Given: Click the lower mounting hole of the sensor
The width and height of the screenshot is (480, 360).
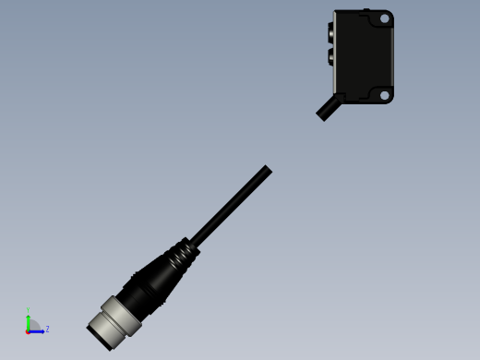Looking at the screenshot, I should tap(385, 94).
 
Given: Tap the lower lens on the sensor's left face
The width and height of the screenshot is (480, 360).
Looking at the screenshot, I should tap(331, 57).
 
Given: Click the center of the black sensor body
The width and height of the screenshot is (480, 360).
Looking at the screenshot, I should tap(364, 56).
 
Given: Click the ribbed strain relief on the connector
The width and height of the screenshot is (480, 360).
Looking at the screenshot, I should tap(181, 253).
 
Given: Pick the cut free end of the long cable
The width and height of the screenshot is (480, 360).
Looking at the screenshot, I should tap(267, 171).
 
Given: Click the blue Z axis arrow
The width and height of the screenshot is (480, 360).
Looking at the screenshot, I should tap(38, 330).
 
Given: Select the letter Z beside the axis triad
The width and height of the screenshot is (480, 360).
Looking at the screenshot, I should tap(47, 329).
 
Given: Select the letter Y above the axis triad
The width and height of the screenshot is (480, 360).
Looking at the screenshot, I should tap(29, 310).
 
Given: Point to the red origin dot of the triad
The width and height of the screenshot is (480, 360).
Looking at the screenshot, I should tap(29, 330).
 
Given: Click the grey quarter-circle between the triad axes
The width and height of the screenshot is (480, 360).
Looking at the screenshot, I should tap(33, 326).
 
